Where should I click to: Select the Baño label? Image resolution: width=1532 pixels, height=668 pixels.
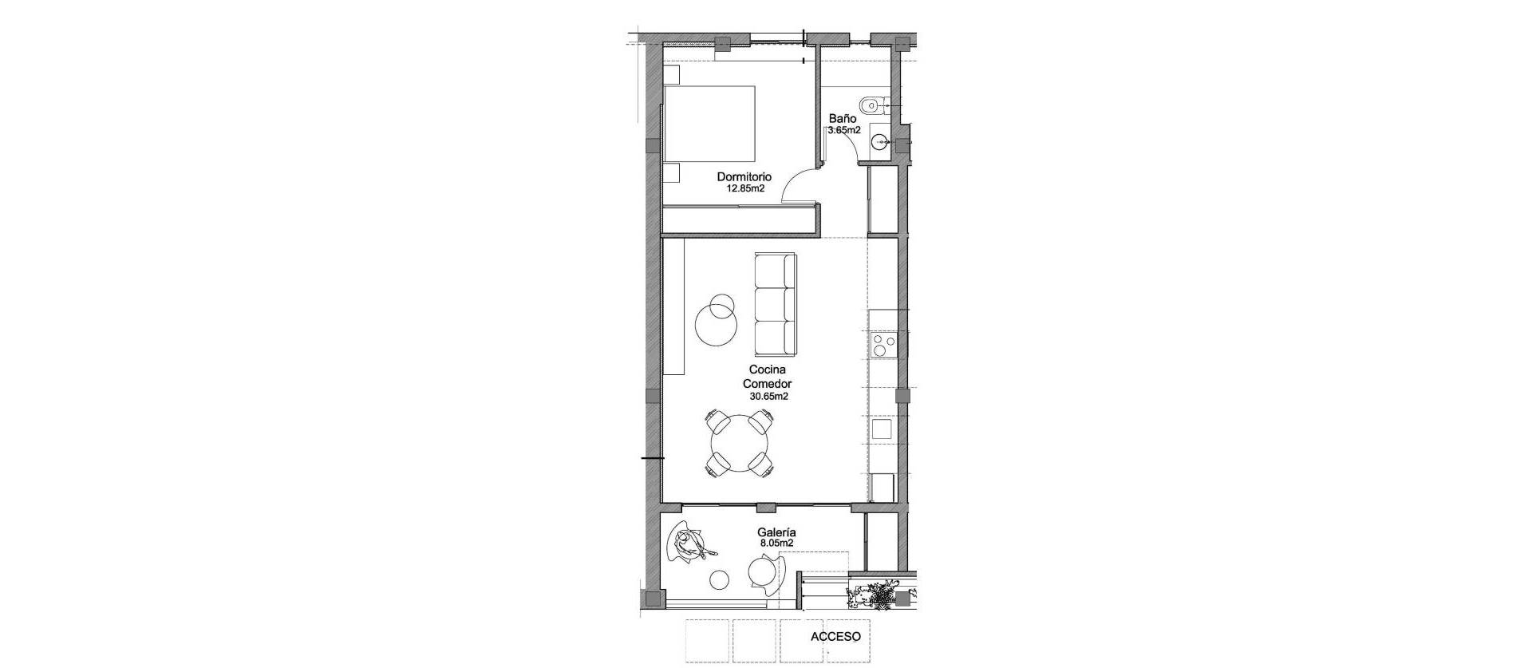tap(842, 118)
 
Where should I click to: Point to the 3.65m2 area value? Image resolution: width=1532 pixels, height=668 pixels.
tap(844, 130)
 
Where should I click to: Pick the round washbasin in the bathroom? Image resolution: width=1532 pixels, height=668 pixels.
tap(880, 143)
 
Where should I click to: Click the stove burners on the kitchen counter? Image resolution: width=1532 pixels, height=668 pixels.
tap(883, 345)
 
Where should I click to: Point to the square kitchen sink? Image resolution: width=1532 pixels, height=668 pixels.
tap(882, 429)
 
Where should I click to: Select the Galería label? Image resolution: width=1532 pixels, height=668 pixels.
tap(776, 532)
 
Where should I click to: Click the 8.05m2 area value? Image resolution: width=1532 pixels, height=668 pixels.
tap(776, 543)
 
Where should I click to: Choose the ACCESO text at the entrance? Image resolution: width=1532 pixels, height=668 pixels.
tap(835, 637)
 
